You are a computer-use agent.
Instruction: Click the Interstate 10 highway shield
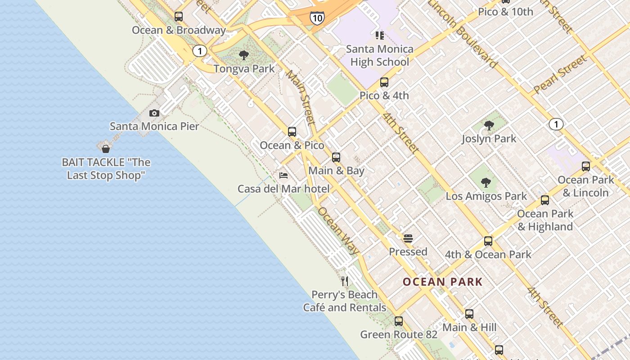[317, 18]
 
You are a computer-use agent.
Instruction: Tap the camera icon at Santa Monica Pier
[154, 113]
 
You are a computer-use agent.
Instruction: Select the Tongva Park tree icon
[244, 55]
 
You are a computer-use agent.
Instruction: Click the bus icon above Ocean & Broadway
[179, 17]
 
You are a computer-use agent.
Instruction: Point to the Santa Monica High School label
[380, 55]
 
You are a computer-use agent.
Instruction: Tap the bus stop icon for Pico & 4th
[384, 82]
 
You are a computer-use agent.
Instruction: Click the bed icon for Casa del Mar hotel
[283, 175]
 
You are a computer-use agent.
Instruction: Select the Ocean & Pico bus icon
[292, 132]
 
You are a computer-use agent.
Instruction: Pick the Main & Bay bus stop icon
[336, 157]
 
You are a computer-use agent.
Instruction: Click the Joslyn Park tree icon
[489, 126]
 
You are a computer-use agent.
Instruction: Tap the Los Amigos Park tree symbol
[486, 183]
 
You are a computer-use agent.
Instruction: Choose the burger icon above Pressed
[408, 238]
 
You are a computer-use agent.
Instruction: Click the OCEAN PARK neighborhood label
[442, 282]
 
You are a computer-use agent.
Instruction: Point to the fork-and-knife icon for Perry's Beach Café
[345, 281]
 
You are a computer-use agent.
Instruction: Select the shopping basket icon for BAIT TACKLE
[106, 148]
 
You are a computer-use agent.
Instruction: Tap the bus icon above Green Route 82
[399, 321]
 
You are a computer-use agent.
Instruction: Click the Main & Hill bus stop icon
[469, 314]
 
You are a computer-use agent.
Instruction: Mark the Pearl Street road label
[560, 74]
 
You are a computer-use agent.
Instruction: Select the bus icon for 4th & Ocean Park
[488, 241]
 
